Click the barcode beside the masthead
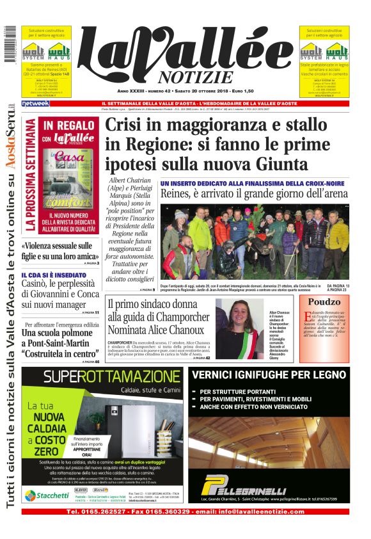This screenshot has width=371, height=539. coord(9,44)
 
